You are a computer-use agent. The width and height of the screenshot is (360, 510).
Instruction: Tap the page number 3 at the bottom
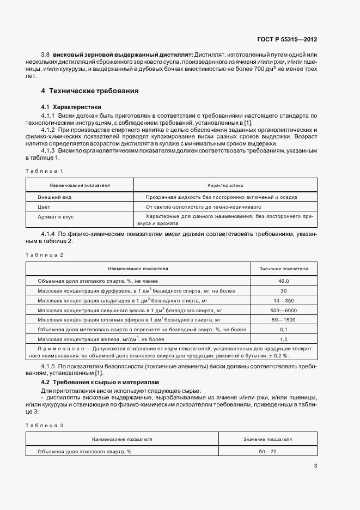coord(316,466)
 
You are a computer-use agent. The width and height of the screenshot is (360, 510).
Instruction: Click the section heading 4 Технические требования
coord(90,90)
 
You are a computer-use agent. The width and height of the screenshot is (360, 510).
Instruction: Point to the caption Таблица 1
coord(48,171)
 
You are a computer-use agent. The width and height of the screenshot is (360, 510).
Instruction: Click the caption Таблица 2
coord(48,254)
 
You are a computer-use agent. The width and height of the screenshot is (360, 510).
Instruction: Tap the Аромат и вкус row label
coord(55,217)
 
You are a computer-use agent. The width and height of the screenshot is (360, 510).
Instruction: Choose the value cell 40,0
coord(283,281)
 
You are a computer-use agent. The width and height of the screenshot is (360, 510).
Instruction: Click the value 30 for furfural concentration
coord(283,290)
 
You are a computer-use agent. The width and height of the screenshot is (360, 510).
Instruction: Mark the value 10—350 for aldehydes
coord(283,300)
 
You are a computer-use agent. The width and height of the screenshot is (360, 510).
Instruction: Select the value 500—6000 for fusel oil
coord(283,310)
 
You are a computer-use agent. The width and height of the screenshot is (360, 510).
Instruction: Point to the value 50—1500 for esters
coord(283,320)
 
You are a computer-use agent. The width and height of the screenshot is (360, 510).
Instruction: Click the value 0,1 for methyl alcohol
coord(283,330)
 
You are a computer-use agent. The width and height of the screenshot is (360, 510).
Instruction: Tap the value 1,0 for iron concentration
coord(283,339)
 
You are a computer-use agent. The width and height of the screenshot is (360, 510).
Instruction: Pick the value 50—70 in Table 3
coord(267,452)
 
